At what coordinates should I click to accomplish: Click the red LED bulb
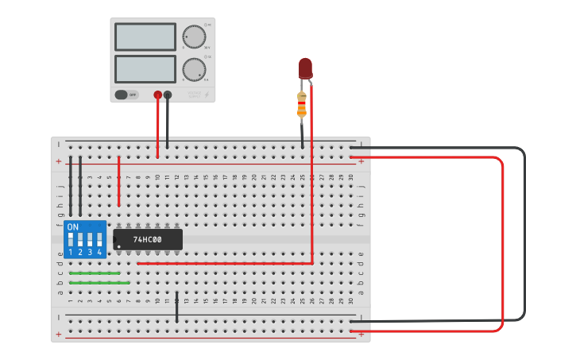click(x=305, y=68)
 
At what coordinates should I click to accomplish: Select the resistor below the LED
click(x=302, y=104)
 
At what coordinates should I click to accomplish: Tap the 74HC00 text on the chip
click(x=147, y=239)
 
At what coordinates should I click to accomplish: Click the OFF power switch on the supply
click(x=122, y=95)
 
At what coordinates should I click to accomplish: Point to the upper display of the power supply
click(x=145, y=37)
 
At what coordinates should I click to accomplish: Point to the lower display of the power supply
click(x=145, y=68)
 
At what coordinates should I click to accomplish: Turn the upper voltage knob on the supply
click(x=193, y=37)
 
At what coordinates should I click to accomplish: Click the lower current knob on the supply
click(x=193, y=69)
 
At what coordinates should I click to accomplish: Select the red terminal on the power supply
click(x=157, y=95)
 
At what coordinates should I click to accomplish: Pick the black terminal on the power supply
click(x=167, y=95)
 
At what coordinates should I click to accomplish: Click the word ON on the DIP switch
click(x=73, y=227)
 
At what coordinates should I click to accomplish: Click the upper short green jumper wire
click(x=95, y=273)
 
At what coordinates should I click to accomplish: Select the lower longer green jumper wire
click(x=99, y=282)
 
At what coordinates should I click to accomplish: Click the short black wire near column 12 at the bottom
click(x=176, y=308)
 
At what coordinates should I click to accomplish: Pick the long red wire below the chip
click(x=222, y=263)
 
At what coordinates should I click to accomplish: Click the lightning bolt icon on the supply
click(x=207, y=95)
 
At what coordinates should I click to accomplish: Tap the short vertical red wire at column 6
click(x=118, y=181)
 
